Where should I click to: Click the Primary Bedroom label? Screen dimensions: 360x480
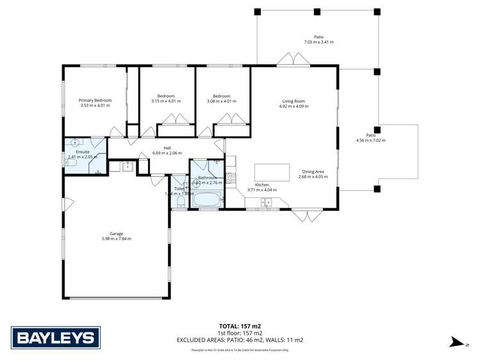95,101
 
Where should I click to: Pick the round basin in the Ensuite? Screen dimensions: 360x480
76,143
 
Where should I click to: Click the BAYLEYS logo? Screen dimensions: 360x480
54,337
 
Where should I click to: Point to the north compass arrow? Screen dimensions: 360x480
456,343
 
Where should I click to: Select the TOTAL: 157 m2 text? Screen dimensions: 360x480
240,326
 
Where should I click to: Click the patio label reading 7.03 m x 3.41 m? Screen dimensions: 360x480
319,42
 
